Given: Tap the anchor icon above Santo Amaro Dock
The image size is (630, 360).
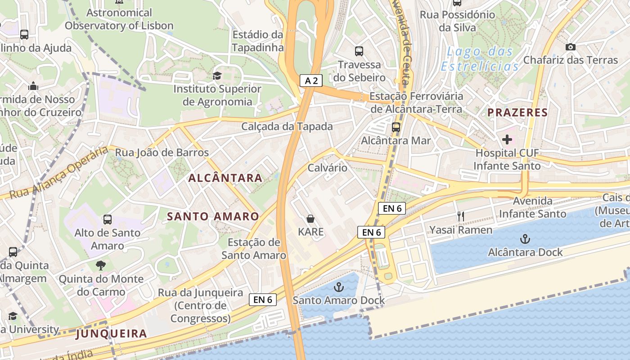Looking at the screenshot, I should (338, 287).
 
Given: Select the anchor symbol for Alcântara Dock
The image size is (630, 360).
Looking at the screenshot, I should (525, 238).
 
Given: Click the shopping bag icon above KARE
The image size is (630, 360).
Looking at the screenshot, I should (310, 219).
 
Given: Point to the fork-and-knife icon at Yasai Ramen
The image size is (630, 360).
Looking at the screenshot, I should (460, 216).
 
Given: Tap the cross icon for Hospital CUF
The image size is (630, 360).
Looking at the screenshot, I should (507, 139).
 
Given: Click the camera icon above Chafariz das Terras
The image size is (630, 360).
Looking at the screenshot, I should (570, 47).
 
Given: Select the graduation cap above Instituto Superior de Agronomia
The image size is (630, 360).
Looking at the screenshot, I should (217, 75).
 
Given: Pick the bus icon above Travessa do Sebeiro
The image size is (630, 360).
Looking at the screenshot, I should (359, 51).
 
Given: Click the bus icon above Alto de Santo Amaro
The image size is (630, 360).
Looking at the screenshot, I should (107, 220).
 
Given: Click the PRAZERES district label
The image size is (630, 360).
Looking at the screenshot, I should (518, 112).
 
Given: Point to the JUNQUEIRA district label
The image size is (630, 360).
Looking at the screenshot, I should (111, 334).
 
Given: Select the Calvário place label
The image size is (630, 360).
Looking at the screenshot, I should (328, 168).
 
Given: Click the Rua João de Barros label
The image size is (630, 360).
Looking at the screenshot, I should (162, 153).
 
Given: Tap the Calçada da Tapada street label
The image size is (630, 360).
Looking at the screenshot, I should (287, 126).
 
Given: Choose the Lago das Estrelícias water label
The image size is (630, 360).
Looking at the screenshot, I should (480, 59).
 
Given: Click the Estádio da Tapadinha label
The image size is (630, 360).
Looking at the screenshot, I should (258, 41).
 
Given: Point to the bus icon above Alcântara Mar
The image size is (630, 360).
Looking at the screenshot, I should (396, 127).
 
